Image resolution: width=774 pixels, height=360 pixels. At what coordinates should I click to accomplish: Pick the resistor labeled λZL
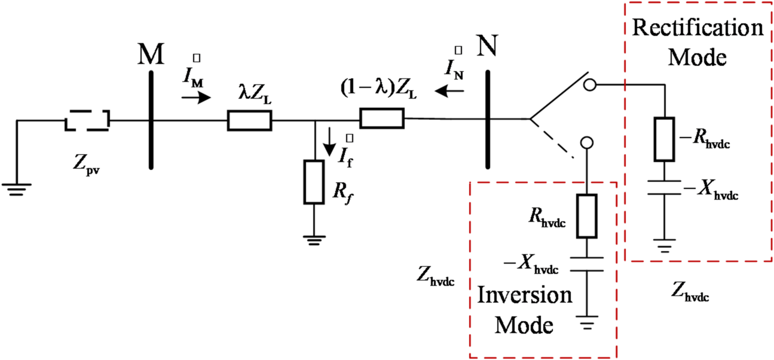click(x=249, y=121)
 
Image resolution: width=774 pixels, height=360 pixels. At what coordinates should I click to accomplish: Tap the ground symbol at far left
click(x=17, y=190)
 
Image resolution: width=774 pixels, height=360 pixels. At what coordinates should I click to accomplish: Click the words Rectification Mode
click(x=697, y=42)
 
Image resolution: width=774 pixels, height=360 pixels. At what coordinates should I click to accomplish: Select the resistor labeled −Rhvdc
click(x=664, y=139)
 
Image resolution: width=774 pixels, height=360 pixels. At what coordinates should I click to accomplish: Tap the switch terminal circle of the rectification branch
click(x=589, y=86)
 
